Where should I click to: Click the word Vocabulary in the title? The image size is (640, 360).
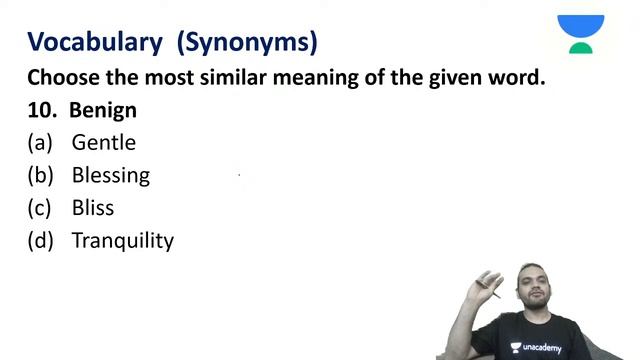pyautogui.click(x=94, y=42)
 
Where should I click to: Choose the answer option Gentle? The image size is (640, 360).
pyautogui.click(x=103, y=143)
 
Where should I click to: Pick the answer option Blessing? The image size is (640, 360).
pyautogui.click(x=110, y=176)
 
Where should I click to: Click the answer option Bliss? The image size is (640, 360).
pyautogui.click(x=93, y=208)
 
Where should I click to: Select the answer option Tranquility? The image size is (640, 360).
pyautogui.click(x=122, y=241)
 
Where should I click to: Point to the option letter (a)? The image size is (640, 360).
pyautogui.click(x=40, y=143)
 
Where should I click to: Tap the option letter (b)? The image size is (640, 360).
pyautogui.click(x=40, y=176)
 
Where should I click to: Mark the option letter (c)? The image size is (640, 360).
pyautogui.click(x=40, y=208)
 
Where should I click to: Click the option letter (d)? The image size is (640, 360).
pyautogui.click(x=40, y=241)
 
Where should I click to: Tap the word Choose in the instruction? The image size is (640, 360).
pyautogui.click(x=62, y=77)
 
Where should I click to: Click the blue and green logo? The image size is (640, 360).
pyautogui.click(x=581, y=33)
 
